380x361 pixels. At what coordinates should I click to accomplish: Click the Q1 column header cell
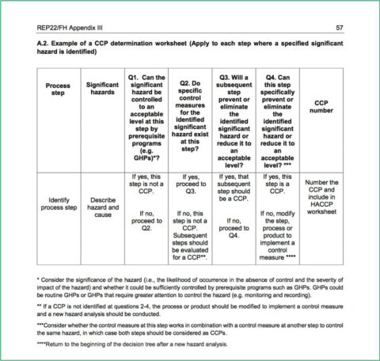[x=146, y=117]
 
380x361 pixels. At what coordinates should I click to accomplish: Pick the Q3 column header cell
[x=234, y=117]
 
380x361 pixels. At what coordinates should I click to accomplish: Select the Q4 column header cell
[x=277, y=117]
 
